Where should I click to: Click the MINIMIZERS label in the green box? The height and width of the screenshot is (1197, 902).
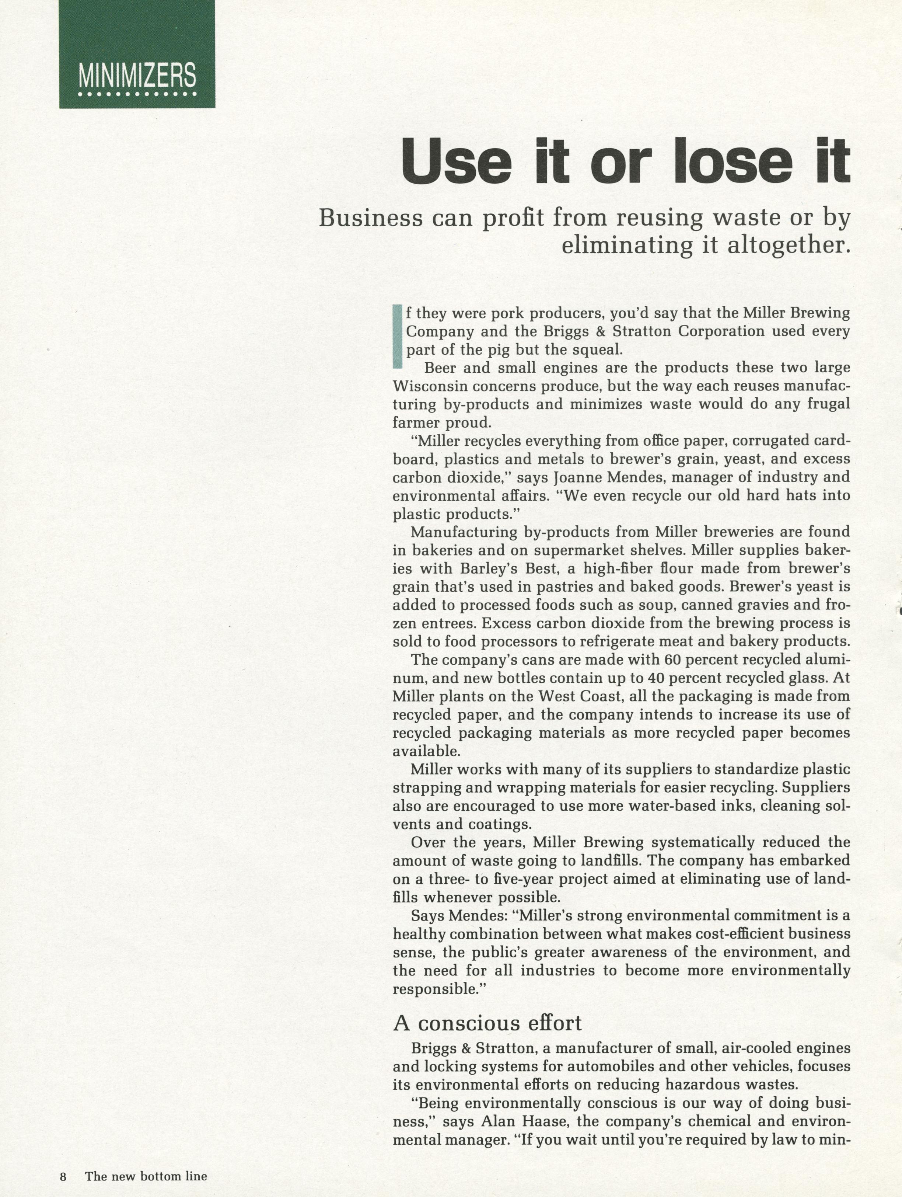coord(137,76)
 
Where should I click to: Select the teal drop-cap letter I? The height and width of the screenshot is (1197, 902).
coord(398,337)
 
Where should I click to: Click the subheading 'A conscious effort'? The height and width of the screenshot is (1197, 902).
coord(487,1023)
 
